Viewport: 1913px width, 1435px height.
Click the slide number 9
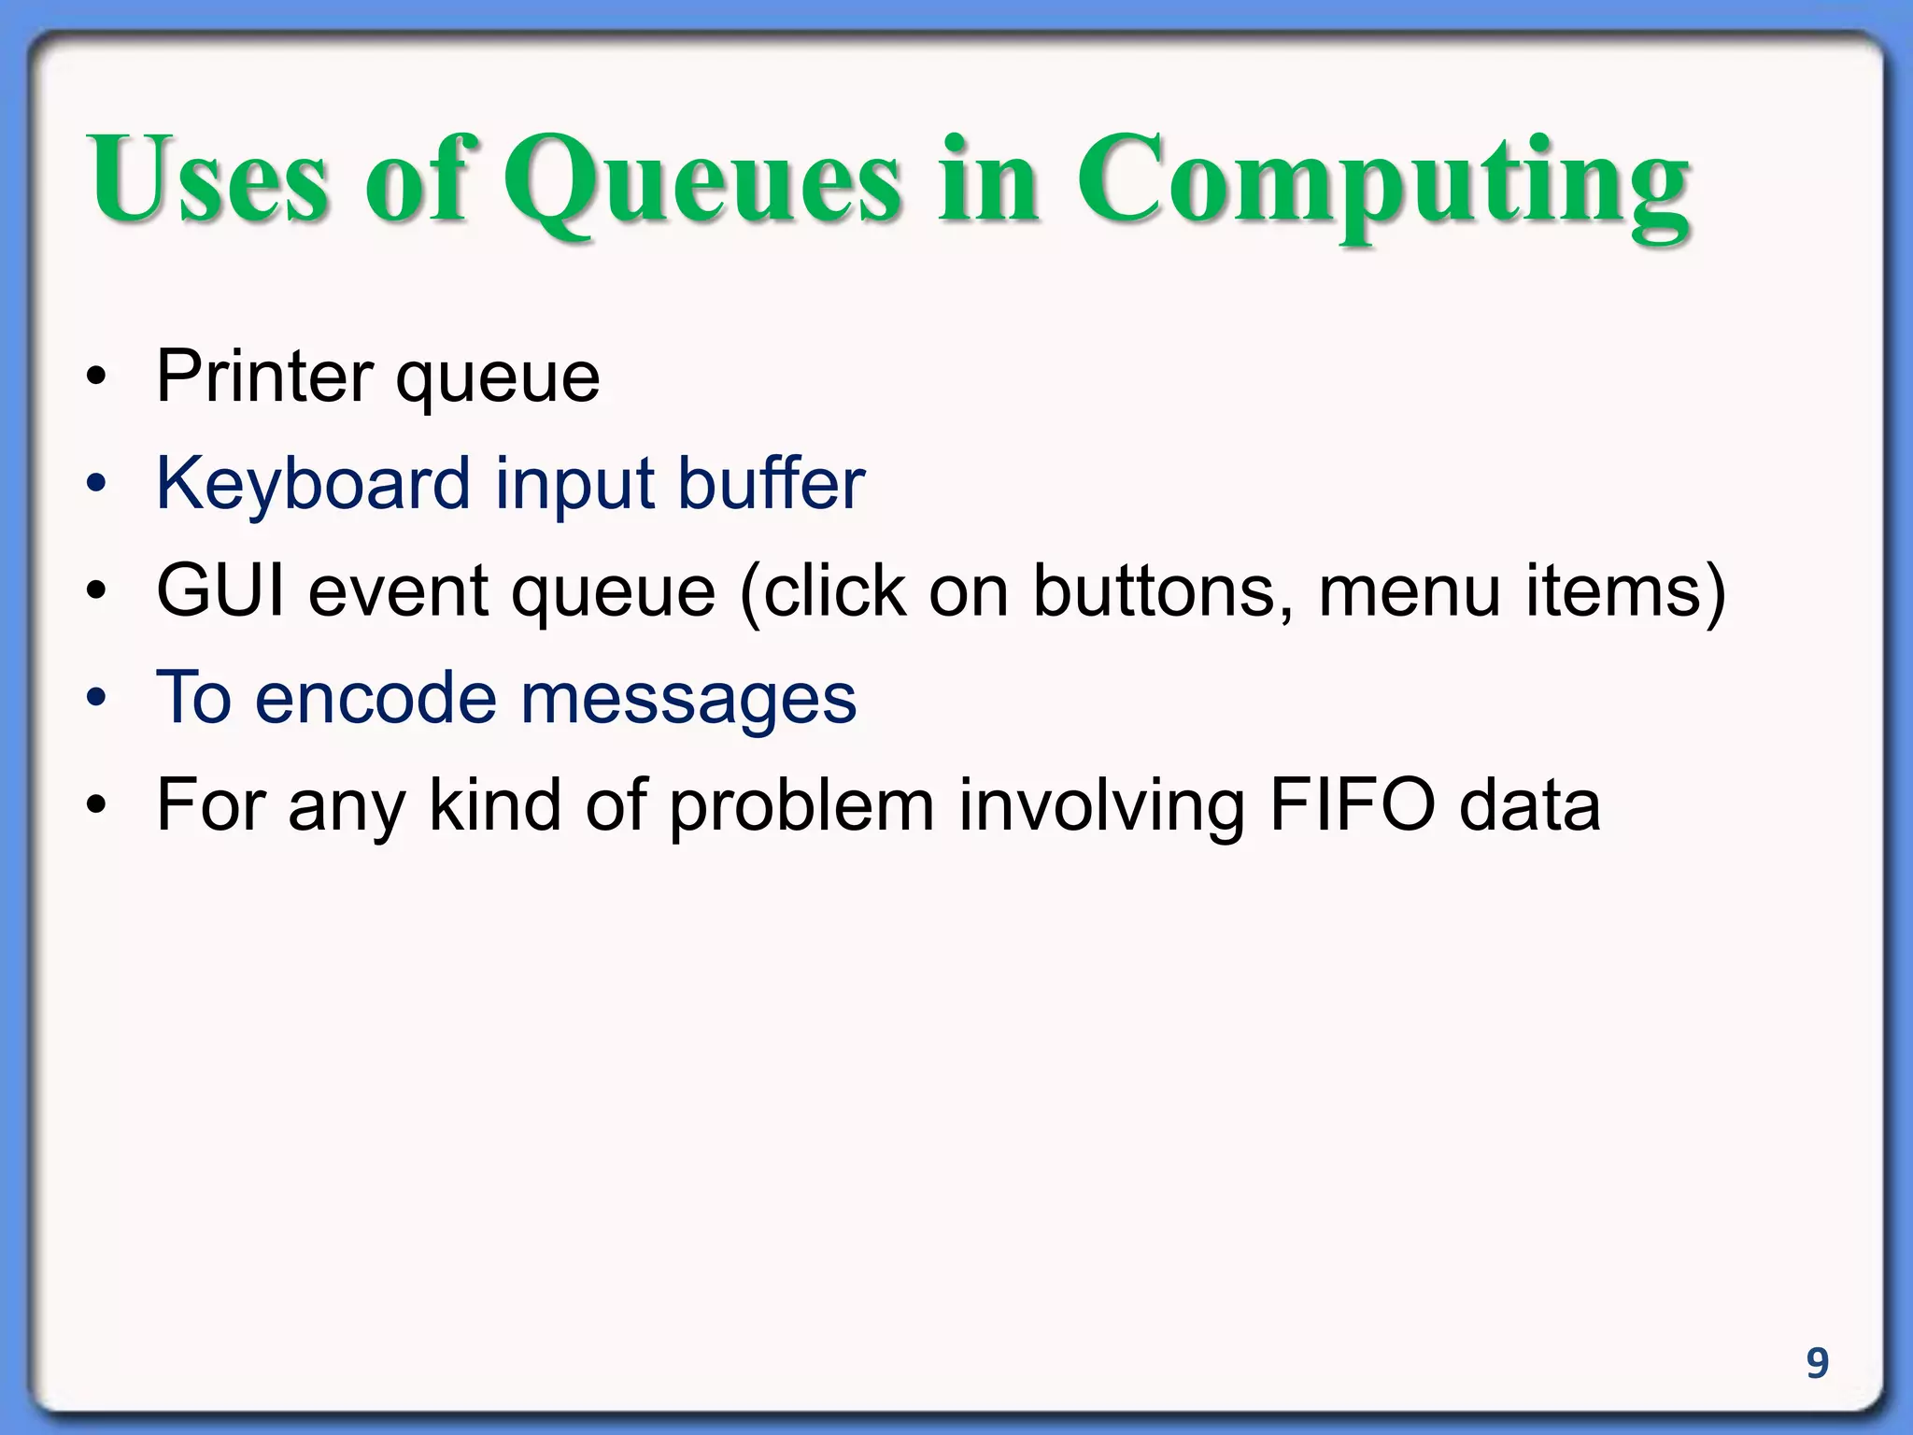[x=1817, y=1363]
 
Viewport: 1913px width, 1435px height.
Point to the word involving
[x=1101, y=806]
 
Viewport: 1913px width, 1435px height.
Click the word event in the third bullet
[x=398, y=590]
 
